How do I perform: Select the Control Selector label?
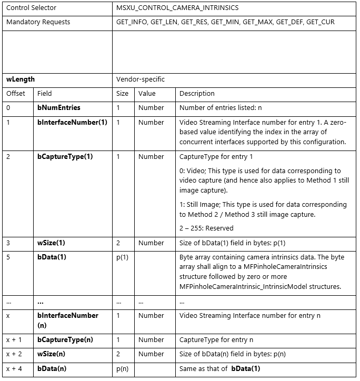pyautogui.click(x=31, y=8)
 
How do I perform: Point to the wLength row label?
pyautogui.click(x=21, y=79)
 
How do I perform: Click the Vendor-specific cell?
pyautogui.click(x=141, y=79)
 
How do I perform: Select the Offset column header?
pyautogui.click(x=16, y=94)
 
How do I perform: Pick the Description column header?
pyautogui.click(x=197, y=94)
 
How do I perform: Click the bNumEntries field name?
pyautogui.click(x=59, y=108)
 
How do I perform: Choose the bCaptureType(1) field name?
pyautogui.click(x=65, y=157)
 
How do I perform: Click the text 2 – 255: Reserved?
pyautogui.click(x=207, y=228)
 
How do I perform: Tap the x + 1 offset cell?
pyautogui.click(x=15, y=340)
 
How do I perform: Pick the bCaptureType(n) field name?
pyautogui.click(x=65, y=340)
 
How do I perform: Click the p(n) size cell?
pyautogui.click(x=123, y=368)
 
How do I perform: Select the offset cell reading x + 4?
pyautogui.click(x=15, y=368)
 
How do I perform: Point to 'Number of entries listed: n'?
pyautogui.click(x=221, y=108)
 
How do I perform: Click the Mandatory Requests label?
pyautogui.click(x=38, y=22)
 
